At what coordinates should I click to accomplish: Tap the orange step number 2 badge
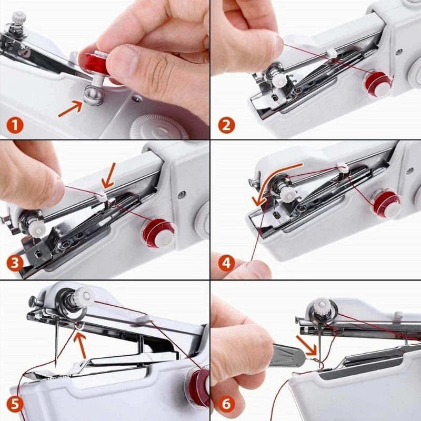click(x=227, y=125)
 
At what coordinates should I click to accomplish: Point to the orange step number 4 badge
click(x=227, y=262)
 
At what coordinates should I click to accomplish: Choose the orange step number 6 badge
click(x=227, y=404)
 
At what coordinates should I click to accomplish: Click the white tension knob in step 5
click(x=84, y=294)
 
